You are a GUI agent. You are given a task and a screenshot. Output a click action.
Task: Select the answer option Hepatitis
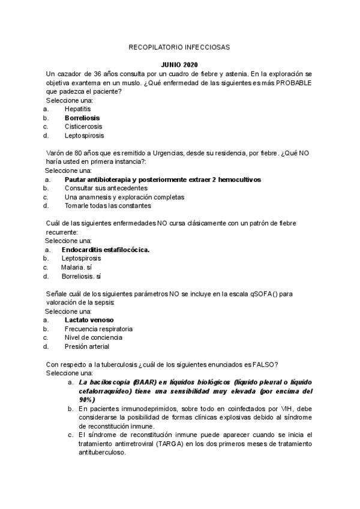point(78,109)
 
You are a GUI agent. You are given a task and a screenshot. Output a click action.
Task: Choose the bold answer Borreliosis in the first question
point(82,118)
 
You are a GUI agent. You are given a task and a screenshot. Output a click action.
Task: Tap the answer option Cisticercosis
point(83,127)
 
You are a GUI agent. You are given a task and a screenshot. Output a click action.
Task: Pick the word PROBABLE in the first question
point(293,82)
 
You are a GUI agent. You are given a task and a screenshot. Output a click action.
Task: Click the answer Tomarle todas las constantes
point(103,206)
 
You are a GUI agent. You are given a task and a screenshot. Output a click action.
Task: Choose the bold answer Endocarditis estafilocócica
point(106,250)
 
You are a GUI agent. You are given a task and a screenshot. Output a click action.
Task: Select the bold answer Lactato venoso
point(89,321)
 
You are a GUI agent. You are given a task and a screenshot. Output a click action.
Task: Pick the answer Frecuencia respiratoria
point(98,329)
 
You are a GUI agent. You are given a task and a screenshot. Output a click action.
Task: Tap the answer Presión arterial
point(87,346)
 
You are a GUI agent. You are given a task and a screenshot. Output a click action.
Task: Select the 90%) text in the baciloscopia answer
point(88,399)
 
